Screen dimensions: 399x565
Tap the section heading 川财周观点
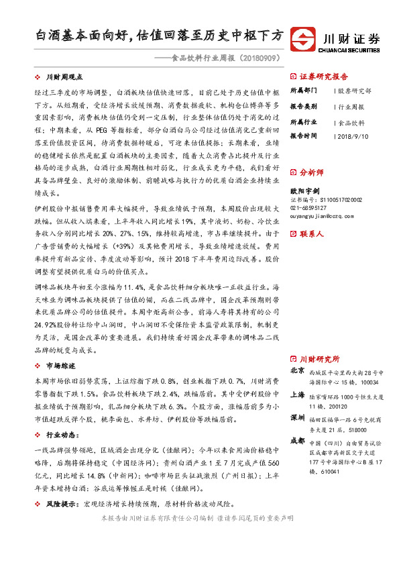(63, 78)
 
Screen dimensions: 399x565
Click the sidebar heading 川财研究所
(319, 359)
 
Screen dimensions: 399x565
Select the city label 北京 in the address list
(296, 370)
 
